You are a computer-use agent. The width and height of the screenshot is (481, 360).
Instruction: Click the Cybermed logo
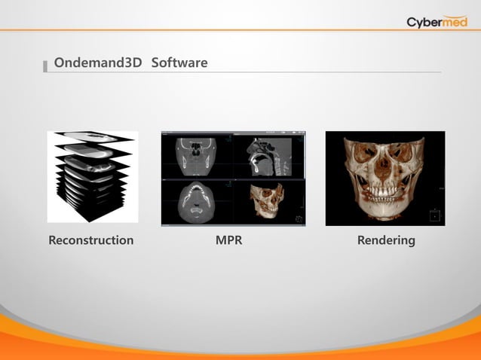click(x=437, y=21)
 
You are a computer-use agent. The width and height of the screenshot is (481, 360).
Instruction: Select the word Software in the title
click(x=179, y=63)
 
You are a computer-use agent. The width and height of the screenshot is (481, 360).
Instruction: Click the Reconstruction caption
click(x=91, y=240)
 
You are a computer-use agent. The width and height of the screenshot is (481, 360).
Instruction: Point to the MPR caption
click(x=228, y=240)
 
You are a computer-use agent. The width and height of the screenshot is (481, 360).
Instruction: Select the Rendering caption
click(x=386, y=240)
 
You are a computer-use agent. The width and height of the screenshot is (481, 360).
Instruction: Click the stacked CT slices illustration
click(x=92, y=177)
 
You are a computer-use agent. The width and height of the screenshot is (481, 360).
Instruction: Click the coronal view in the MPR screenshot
click(x=197, y=157)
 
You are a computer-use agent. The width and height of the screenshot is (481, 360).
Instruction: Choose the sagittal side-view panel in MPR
click(x=267, y=157)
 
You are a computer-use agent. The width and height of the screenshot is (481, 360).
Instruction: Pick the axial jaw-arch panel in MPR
click(x=197, y=202)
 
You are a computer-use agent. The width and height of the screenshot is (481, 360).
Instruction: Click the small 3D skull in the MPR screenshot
click(x=263, y=202)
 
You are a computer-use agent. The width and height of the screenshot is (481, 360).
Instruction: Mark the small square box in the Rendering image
click(x=434, y=216)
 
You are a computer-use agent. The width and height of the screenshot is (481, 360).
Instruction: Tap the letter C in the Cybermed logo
click(x=412, y=22)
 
